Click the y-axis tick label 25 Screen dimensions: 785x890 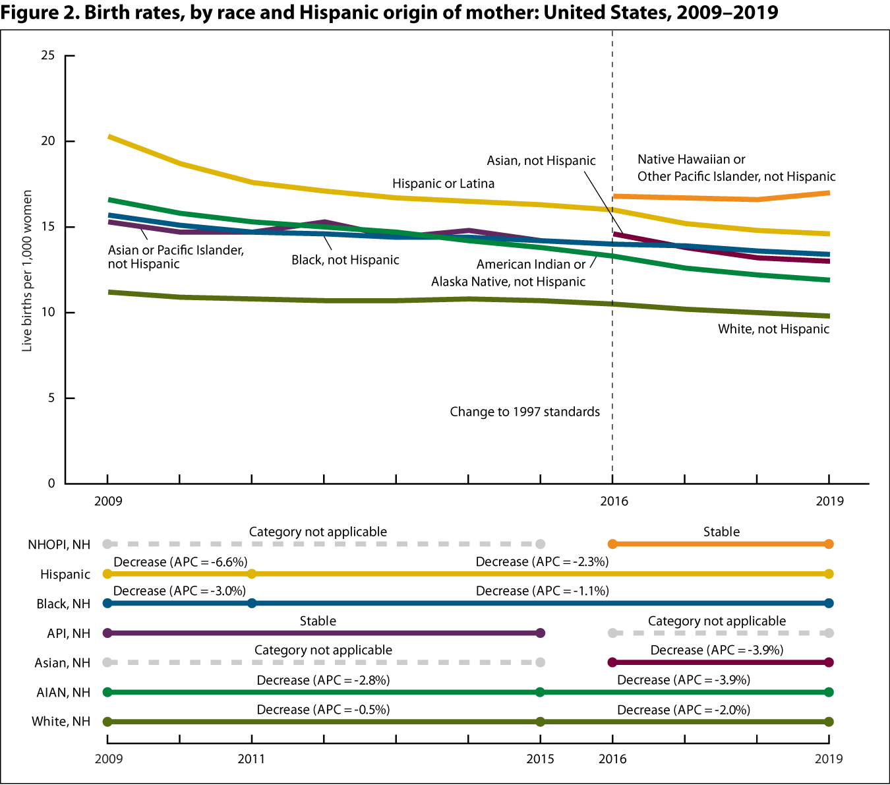[47, 55]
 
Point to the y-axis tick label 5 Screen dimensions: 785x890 [51, 398]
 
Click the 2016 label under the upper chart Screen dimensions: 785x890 [614, 501]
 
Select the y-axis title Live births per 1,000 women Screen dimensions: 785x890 [27, 270]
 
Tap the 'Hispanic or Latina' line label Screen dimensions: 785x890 [443, 183]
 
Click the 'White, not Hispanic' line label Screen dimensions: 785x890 [773, 329]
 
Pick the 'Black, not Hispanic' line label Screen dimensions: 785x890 [345, 260]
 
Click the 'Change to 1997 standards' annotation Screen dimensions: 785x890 [525, 412]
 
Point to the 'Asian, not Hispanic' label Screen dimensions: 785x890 [541, 160]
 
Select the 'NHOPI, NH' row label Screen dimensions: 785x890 [59, 544]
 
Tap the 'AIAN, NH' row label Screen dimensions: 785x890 [63, 693]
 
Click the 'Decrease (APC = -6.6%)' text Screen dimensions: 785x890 [180, 562]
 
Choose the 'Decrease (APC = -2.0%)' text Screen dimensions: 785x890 [684, 710]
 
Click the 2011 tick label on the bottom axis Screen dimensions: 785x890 [251, 759]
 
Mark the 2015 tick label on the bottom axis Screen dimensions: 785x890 [540, 759]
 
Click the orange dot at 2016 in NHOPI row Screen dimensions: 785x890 [612, 544]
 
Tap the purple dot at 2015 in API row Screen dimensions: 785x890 [540, 633]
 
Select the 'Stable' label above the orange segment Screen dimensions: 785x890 [721, 532]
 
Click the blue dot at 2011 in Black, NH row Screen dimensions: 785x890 [251, 604]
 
